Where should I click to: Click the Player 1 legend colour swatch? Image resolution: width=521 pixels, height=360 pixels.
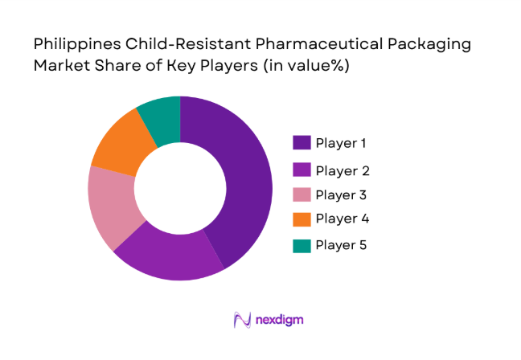pyautogui.click(x=302, y=143)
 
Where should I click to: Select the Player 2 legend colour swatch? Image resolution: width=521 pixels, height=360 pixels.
pyautogui.click(x=302, y=170)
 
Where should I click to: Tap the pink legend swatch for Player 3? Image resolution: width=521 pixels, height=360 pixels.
pyautogui.click(x=302, y=194)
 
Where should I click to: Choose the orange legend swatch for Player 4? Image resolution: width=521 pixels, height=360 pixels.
pyautogui.click(x=302, y=219)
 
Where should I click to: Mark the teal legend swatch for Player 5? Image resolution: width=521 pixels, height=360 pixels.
pyautogui.click(x=302, y=244)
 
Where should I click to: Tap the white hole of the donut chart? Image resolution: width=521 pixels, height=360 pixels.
pyautogui.click(x=180, y=188)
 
